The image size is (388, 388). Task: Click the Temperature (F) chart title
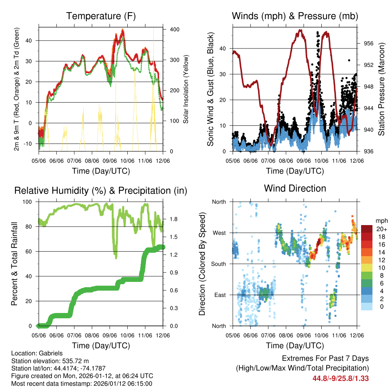(x=101, y=16)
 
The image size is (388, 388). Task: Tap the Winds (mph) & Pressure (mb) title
(x=295, y=16)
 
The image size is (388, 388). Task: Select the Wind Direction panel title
(x=295, y=188)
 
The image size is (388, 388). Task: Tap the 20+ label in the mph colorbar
(x=380, y=229)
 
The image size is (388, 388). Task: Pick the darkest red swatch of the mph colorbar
(x=366, y=229)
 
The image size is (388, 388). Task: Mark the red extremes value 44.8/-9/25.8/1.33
(x=341, y=378)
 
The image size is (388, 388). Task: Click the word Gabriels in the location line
(x=50, y=354)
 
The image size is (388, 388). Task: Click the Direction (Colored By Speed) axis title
(x=202, y=264)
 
